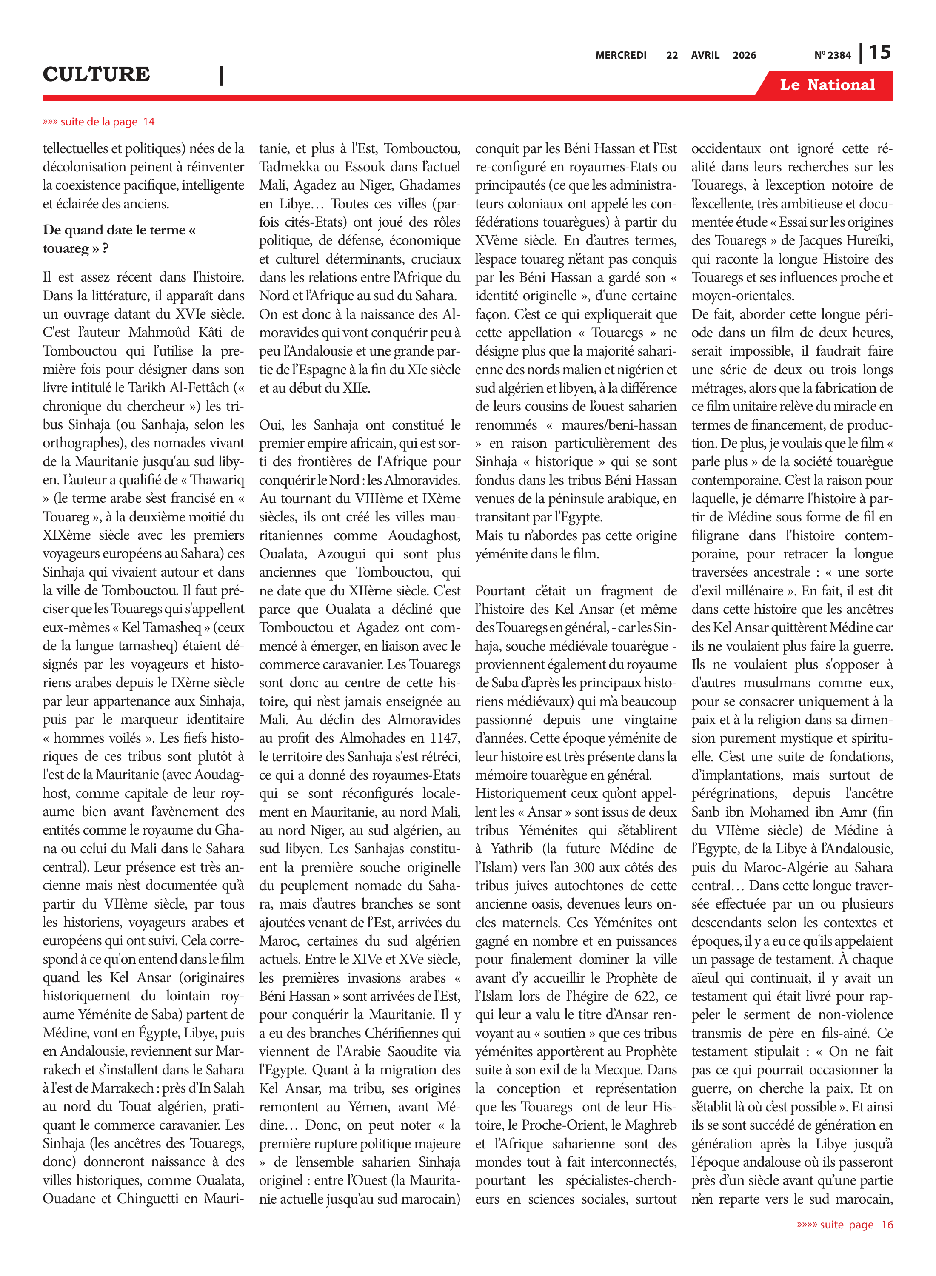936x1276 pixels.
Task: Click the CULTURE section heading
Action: (96, 74)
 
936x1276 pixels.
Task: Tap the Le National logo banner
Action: (827, 85)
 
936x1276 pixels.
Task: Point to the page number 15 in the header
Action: (879, 53)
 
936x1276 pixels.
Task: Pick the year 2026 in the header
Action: (744, 55)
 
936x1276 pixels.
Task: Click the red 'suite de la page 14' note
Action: (99, 122)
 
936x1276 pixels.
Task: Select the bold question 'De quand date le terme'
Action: (119, 230)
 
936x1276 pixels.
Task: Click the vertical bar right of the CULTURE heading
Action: (222, 75)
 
